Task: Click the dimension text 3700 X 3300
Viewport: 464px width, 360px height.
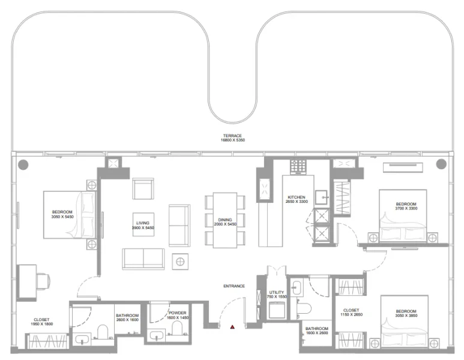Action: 406,209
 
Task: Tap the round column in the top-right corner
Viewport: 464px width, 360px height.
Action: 441,164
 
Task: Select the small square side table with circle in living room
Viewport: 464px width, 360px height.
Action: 180,261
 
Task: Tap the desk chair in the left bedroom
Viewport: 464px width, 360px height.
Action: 42,280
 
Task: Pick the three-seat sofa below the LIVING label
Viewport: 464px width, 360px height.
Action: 143,258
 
